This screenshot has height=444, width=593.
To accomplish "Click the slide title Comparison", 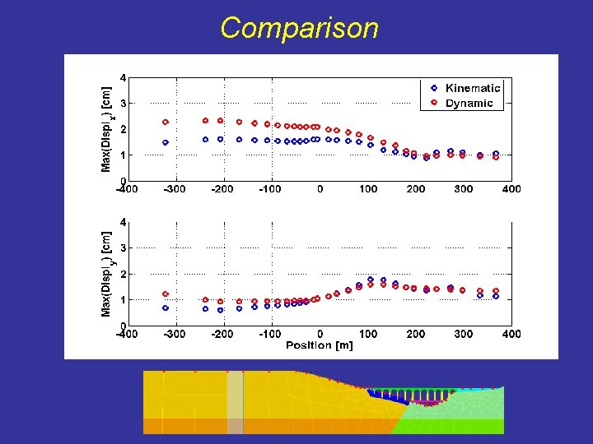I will [x=299, y=28].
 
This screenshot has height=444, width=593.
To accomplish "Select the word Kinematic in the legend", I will [x=472, y=88].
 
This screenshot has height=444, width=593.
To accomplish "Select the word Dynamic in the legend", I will [x=469, y=104].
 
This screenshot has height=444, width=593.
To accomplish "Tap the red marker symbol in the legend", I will [x=433, y=104].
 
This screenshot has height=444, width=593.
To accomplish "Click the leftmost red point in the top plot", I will [x=166, y=123].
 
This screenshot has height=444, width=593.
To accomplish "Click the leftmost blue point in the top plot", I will [x=166, y=142].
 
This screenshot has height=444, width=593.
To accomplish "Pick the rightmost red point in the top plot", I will [x=496, y=157].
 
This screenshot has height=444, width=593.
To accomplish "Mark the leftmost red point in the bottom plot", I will [x=166, y=294].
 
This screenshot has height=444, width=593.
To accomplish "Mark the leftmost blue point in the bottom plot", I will [x=166, y=308].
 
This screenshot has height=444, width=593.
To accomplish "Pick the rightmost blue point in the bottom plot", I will [x=496, y=297].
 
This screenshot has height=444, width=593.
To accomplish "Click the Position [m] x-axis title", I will [x=320, y=345].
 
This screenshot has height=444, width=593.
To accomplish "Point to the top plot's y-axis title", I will [x=106, y=129].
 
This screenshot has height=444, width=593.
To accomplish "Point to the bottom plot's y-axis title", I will [x=106, y=273].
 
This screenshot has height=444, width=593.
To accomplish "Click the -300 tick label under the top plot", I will [x=174, y=189].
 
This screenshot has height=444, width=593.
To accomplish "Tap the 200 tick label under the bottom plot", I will [x=416, y=334].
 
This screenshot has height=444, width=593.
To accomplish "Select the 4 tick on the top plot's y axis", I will [x=124, y=78].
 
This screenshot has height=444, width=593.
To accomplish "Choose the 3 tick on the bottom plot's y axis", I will [x=124, y=247].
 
